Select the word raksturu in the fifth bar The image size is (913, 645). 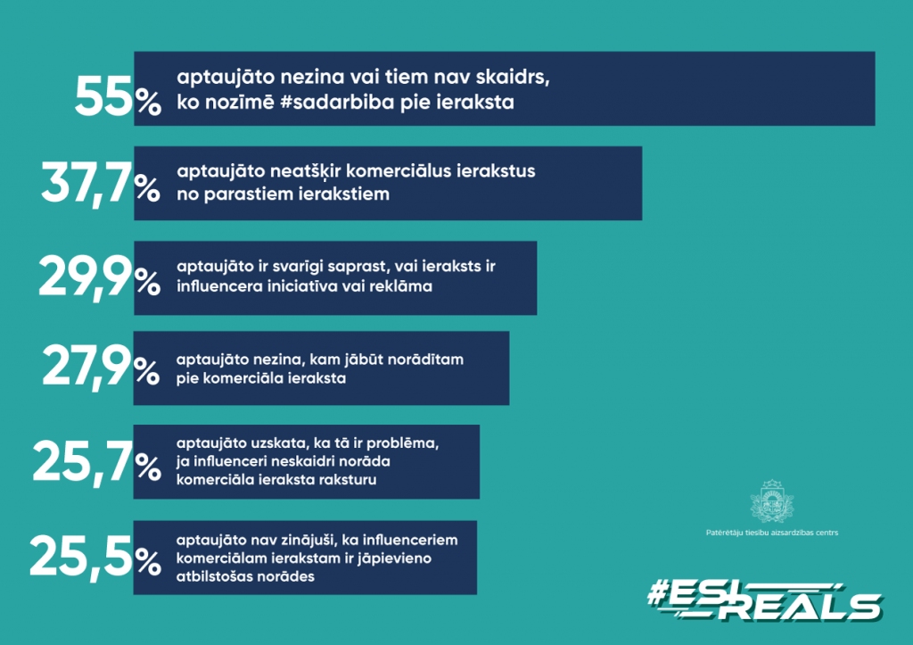350,480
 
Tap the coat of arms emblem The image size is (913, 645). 772,500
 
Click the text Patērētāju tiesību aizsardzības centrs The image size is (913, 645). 772,533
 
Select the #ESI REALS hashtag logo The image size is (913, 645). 764,600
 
